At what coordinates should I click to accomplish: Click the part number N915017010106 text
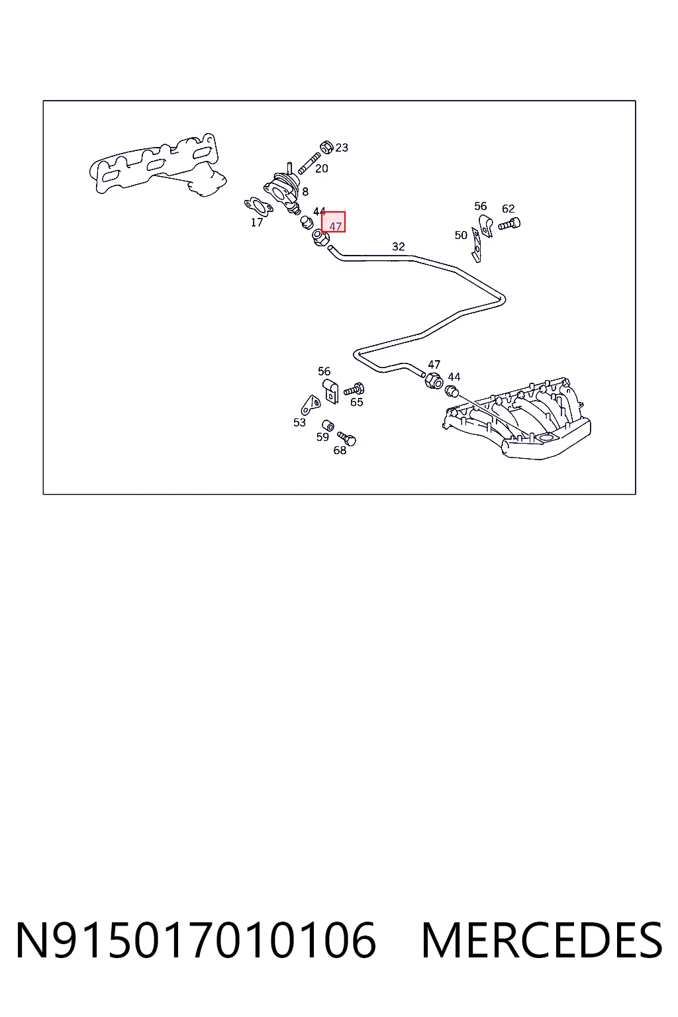pyautogui.click(x=196, y=940)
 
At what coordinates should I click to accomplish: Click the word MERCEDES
pyautogui.click(x=542, y=940)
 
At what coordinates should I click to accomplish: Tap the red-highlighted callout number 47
pyautogui.click(x=335, y=226)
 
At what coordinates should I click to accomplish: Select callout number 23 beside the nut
pyautogui.click(x=342, y=148)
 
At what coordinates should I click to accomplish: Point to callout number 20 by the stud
pyautogui.click(x=322, y=168)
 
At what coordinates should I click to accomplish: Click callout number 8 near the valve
pyautogui.click(x=305, y=191)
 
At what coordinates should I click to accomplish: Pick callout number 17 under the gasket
pyautogui.click(x=257, y=222)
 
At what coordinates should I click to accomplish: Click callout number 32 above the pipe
pyautogui.click(x=399, y=246)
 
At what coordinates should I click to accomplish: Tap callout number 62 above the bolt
pyautogui.click(x=508, y=209)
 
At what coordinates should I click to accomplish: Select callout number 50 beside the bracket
pyautogui.click(x=461, y=235)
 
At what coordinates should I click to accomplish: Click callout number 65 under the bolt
pyautogui.click(x=356, y=403)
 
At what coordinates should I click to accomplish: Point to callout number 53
pyautogui.click(x=299, y=422)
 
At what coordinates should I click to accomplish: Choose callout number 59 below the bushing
pyautogui.click(x=322, y=437)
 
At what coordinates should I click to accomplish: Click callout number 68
pyautogui.click(x=340, y=450)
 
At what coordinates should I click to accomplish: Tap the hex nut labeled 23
pyautogui.click(x=326, y=147)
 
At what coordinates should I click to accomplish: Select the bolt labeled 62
pyautogui.click(x=509, y=224)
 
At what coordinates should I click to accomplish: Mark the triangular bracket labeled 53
pyautogui.click(x=311, y=404)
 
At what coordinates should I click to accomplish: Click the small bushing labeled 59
pyautogui.click(x=328, y=426)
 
